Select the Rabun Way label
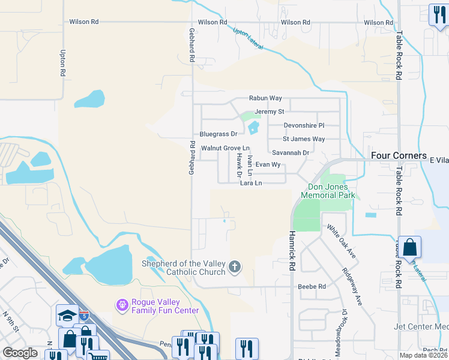(265, 98)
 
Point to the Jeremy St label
(269, 112)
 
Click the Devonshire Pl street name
(304, 125)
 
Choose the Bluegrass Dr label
(218, 134)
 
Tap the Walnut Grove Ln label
(225, 148)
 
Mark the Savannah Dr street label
(290, 153)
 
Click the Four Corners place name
(399, 155)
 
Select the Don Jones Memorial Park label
(328, 191)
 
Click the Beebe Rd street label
(312, 287)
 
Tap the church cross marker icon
(235, 266)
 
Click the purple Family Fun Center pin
(122, 305)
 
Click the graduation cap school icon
(67, 315)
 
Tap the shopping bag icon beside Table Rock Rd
(409, 247)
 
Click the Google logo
(20, 353)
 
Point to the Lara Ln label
(251, 183)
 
